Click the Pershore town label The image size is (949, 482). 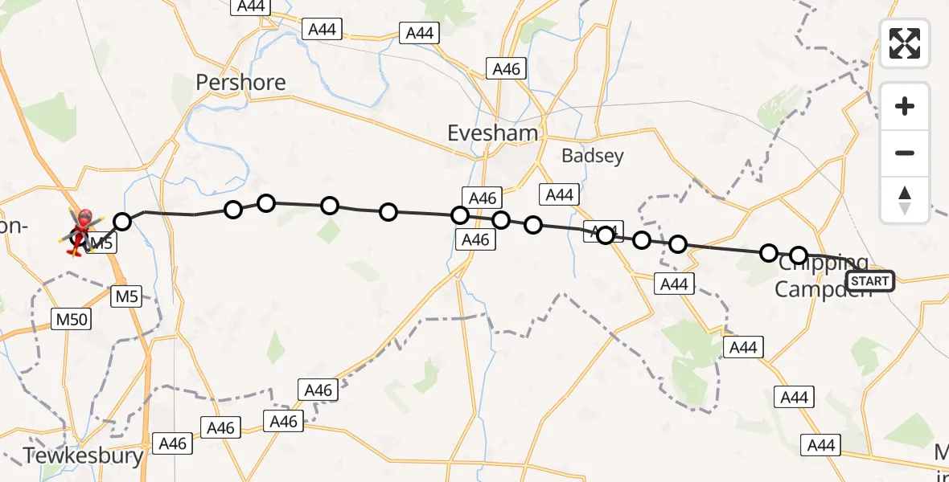click(x=241, y=83)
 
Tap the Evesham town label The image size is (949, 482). click(x=493, y=133)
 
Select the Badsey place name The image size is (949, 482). click(x=593, y=156)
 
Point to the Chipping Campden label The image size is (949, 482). click(x=822, y=276)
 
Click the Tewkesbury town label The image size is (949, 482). click(x=83, y=456)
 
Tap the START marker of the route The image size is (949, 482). click(x=870, y=281)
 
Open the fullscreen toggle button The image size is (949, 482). click(x=905, y=43)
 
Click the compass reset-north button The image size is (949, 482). click(x=905, y=199)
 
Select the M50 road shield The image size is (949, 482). click(x=72, y=319)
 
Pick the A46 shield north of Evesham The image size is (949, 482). click(x=507, y=69)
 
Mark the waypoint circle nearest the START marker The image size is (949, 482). click(x=799, y=256)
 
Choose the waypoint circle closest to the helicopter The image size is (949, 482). click(x=122, y=222)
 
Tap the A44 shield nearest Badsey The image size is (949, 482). click(x=559, y=194)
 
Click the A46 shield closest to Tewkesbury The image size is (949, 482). click(x=173, y=443)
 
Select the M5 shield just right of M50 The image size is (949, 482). click(x=126, y=296)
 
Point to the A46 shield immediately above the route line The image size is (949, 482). click(x=482, y=198)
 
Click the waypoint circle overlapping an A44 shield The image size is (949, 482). click(x=606, y=235)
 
